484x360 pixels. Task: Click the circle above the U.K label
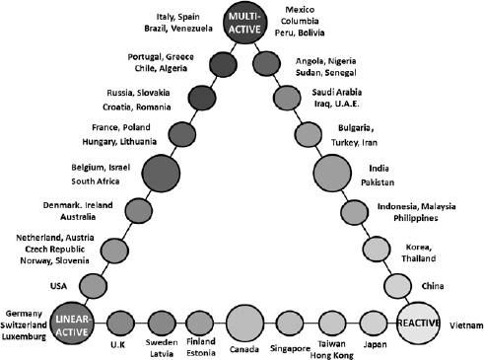(x=120, y=323)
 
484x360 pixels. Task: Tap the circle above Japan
(x=374, y=323)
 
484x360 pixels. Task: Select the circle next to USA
(x=92, y=286)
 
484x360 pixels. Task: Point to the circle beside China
(x=396, y=286)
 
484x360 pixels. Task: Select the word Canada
(x=245, y=349)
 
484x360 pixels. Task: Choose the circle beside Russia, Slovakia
(x=202, y=98)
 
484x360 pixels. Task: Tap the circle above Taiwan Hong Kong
(x=332, y=323)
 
